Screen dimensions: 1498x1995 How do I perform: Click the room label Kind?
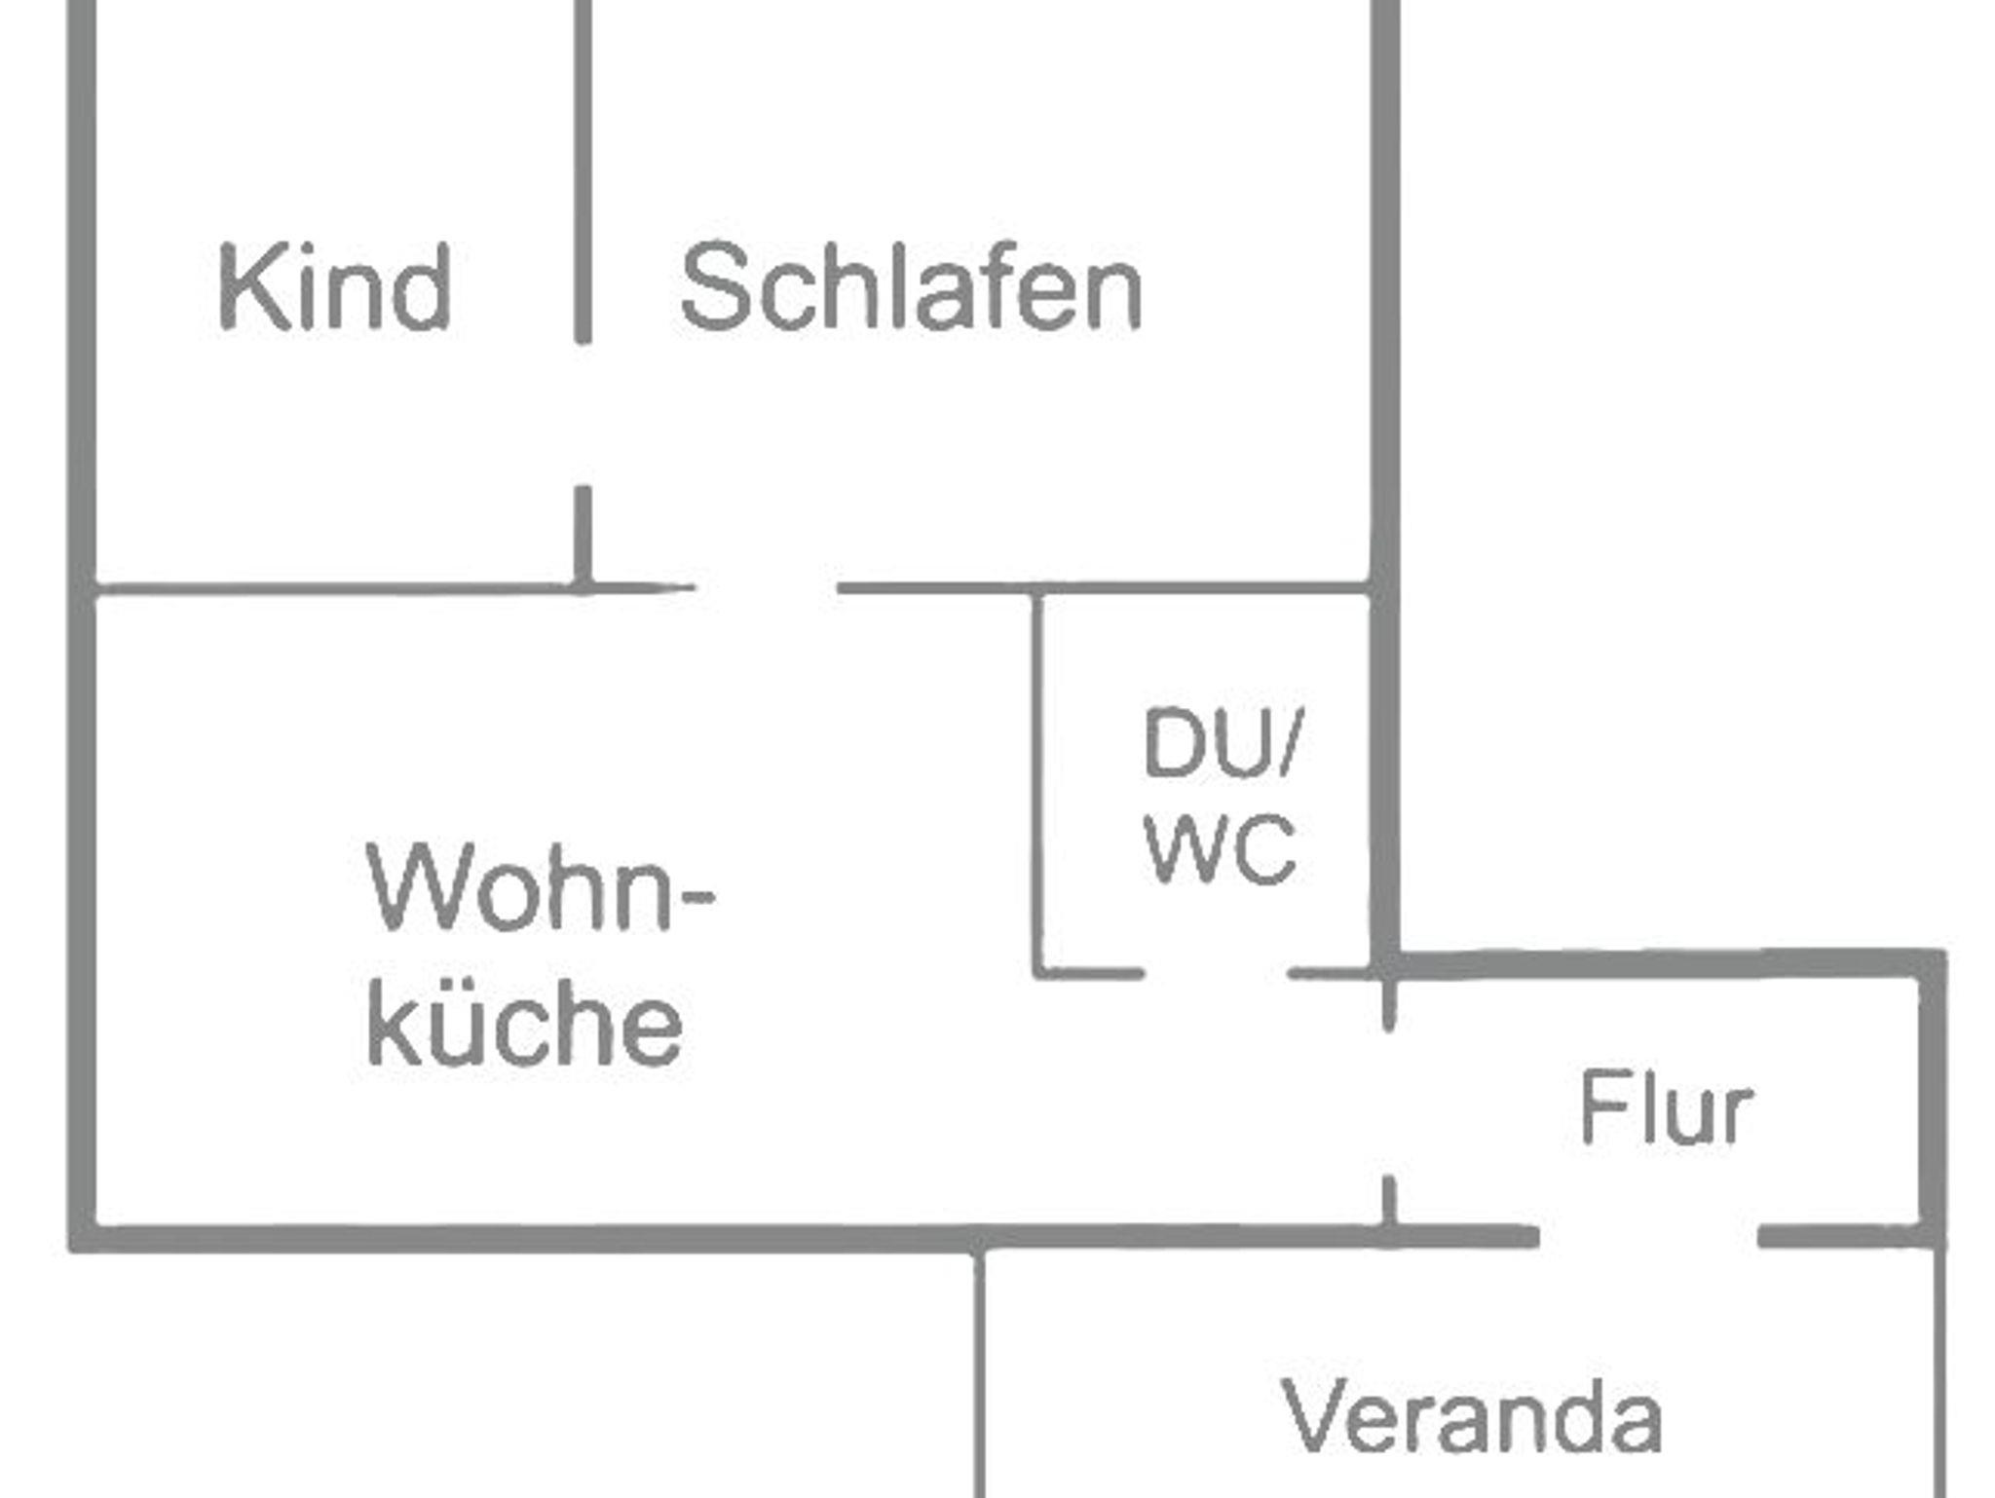334,287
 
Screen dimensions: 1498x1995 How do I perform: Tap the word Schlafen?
911,287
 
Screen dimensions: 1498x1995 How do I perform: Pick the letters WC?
1221,849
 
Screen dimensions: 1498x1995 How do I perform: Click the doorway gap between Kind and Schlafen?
583,414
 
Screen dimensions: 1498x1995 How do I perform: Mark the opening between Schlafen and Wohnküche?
766,587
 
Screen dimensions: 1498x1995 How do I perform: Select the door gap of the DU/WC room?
1215,973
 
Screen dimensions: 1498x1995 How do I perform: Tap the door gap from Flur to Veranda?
1648,1237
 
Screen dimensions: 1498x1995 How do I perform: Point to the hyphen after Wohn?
696,898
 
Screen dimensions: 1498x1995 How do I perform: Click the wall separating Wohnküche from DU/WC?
1037,779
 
